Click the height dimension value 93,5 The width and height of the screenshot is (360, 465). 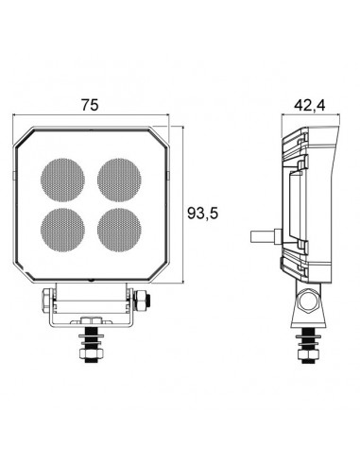tap(201, 215)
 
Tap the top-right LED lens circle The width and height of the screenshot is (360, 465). tap(119, 177)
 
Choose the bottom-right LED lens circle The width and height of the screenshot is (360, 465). tap(119, 228)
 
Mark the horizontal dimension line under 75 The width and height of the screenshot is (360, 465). tap(91, 116)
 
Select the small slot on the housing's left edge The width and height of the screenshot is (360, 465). tap(18, 177)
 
